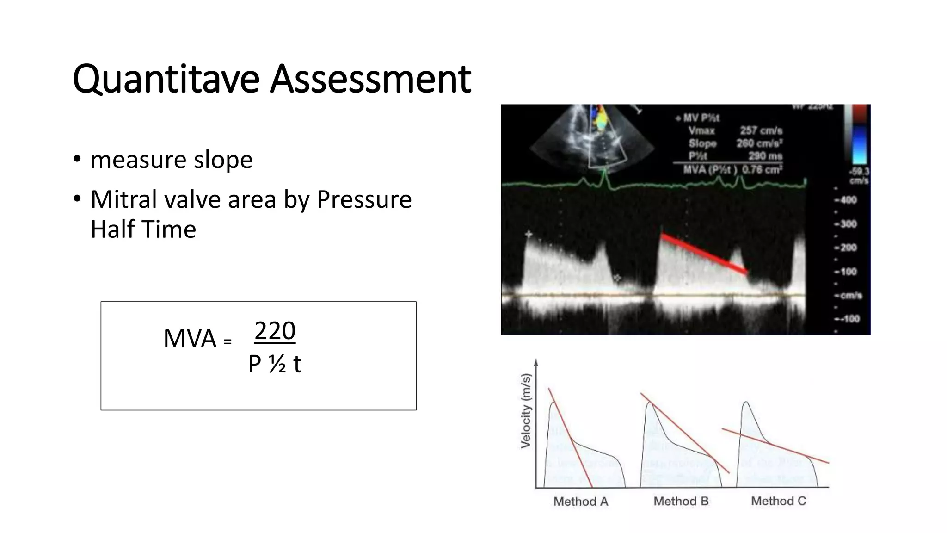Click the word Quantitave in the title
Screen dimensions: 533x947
pos(166,79)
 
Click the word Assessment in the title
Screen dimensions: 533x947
pos(370,79)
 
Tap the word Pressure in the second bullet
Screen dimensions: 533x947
pos(364,200)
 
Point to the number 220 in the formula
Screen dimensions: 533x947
pos(275,331)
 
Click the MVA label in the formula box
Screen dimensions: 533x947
pos(190,338)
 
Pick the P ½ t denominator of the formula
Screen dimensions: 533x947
pos(275,364)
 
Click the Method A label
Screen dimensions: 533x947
pos(580,502)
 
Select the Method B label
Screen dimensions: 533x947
pos(681,501)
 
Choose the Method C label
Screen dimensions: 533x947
pos(778,501)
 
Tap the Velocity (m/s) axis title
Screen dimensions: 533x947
pos(526,411)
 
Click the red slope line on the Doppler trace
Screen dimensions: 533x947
pos(704,254)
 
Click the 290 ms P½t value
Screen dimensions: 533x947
pos(765,156)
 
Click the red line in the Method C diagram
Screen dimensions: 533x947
pos(775,446)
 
